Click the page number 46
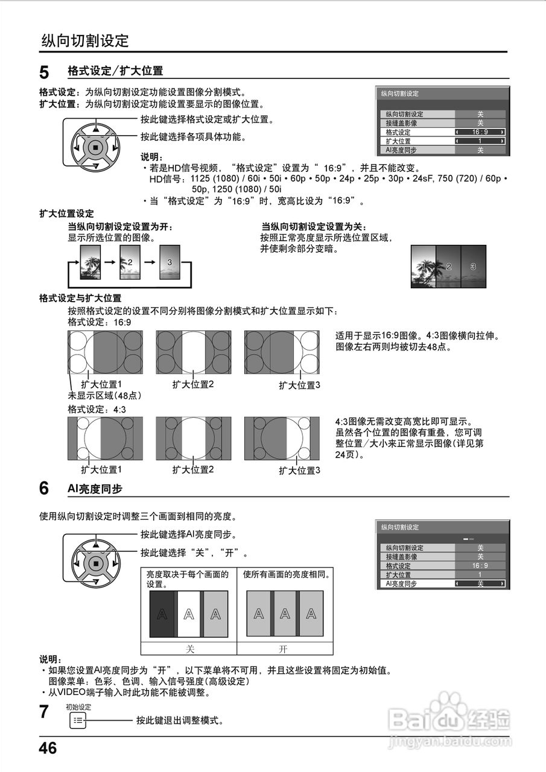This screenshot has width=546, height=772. [x=48, y=748]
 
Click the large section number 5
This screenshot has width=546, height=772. [x=44, y=73]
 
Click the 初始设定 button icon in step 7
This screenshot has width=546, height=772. [x=78, y=720]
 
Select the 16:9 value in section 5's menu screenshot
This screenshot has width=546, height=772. [x=480, y=132]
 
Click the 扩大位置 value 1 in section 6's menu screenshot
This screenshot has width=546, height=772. [x=480, y=575]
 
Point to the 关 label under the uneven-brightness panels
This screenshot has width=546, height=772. [x=188, y=649]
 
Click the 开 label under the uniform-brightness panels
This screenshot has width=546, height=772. [x=284, y=649]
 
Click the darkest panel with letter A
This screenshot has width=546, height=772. [x=162, y=614]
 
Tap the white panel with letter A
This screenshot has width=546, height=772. [x=189, y=614]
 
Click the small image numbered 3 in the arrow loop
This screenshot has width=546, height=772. [x=170, y=262]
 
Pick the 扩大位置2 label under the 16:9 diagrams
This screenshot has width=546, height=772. [x=193, y=384]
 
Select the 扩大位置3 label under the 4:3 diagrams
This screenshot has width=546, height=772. [x=299, y=470]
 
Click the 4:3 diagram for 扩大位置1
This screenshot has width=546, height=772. [x=105, y=438]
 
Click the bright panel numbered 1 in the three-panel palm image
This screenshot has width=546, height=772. [x=423, y=267]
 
